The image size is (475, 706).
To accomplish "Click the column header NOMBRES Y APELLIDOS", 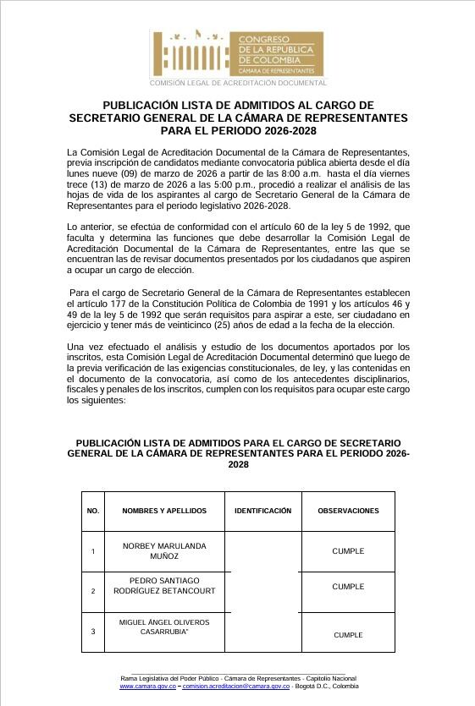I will (164, 511).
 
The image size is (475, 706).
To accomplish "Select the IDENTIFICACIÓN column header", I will (262, 511).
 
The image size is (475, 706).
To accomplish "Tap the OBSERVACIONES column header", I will (348, 511).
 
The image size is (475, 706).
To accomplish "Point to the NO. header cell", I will (93, 511).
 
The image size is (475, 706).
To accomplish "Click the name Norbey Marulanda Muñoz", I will (164, 551).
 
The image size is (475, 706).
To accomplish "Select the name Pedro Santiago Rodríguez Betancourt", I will (164, 586).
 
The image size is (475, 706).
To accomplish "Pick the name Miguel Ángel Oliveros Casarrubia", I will (164, 627).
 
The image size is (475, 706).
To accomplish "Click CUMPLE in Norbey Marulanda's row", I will (348, 551).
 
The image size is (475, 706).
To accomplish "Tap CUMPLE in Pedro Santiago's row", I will (348, 586).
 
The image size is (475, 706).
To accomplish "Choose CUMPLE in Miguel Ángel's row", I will (348, 635).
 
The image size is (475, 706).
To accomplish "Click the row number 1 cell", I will (93, 551).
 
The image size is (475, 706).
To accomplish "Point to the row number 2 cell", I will (93, 591).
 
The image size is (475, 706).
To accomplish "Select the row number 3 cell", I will (93, 630).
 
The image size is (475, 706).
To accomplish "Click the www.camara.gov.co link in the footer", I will (147, 687).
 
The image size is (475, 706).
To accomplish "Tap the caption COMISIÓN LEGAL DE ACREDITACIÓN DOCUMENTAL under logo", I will (238, 83).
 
